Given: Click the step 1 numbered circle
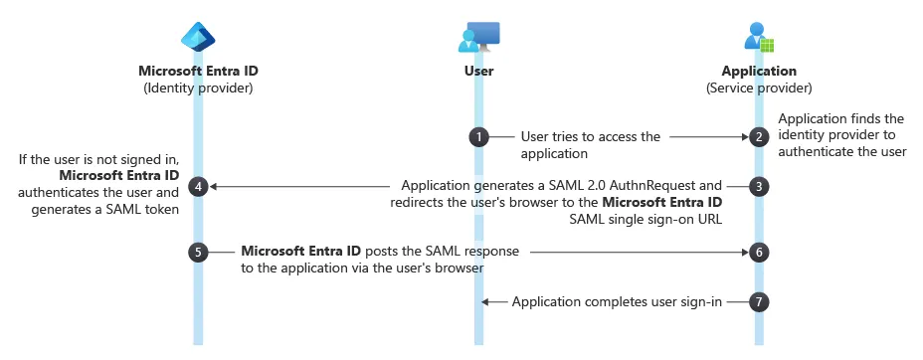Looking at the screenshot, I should point(478,137).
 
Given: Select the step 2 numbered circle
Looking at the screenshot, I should point(759,137).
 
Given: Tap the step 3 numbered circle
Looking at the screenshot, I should point(759,186).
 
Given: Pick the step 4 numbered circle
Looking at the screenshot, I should point(198,186).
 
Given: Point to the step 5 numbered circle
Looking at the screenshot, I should point(198,253).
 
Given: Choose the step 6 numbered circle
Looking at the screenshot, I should point(759,253).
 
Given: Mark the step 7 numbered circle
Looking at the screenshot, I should point(759,301).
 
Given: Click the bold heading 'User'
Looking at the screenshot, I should point(478,71).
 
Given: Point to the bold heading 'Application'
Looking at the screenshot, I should point(759,71).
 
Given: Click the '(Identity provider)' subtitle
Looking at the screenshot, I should point(198,88).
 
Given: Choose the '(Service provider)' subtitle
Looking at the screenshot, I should point(759,88).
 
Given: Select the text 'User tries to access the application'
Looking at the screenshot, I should point(590,145).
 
